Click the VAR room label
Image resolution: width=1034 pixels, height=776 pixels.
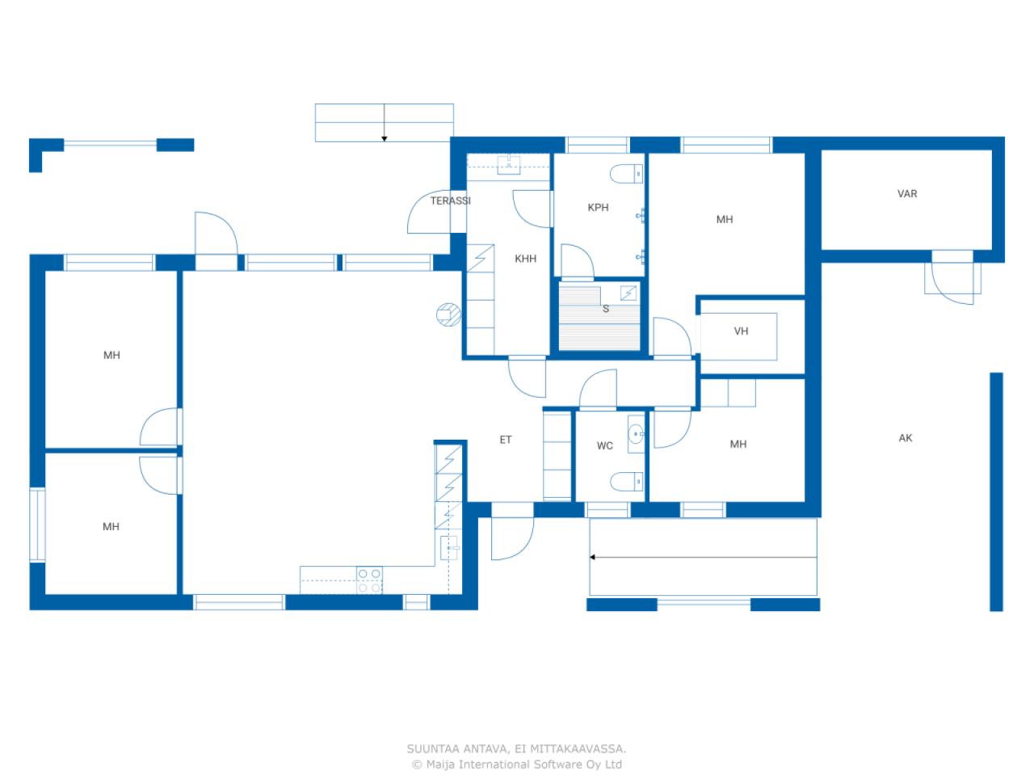[907, 194]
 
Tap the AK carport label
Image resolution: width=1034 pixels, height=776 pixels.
[906, 438]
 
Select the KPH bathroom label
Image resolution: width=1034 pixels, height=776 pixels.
[598, 208]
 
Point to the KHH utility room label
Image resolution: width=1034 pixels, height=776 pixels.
[525, 259]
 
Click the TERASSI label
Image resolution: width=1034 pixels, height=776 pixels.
[450, 200]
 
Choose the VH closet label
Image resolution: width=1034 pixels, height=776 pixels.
[741, 331]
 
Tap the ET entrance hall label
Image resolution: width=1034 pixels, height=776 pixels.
[506, 440]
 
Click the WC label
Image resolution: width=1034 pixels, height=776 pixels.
[605, 445]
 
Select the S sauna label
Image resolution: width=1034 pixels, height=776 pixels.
[606, 309]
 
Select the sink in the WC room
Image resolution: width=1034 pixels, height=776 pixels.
[636, 435]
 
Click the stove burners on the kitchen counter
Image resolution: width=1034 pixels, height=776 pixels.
[370, 580]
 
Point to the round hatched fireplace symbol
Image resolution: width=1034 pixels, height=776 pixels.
[448, 314]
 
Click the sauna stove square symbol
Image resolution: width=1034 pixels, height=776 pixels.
[628, 293]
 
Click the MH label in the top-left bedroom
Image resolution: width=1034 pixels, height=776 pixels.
[111, 356]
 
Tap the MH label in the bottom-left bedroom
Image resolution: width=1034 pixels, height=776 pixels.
[111, 527]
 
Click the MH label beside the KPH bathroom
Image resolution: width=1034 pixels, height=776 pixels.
[725, 220]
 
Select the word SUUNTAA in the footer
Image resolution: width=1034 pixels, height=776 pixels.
[434, 749]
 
